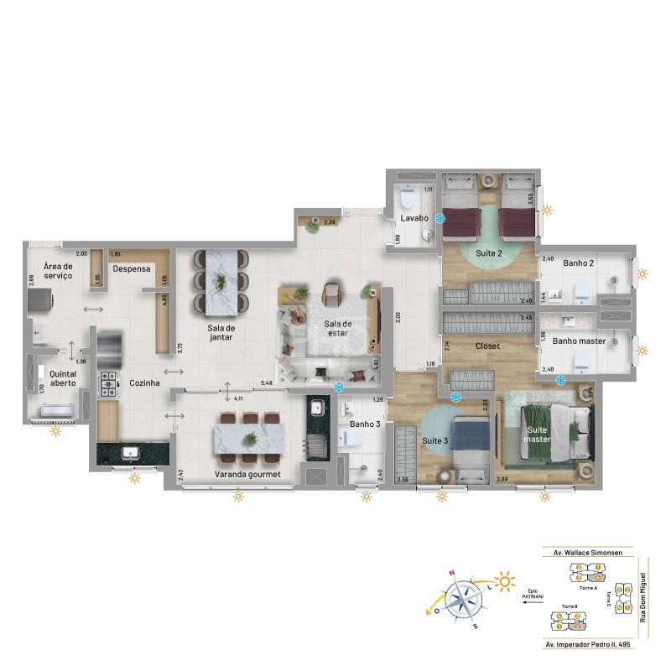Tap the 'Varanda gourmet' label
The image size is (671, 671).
point(242,474)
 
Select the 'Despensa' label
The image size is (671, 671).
point(132,269)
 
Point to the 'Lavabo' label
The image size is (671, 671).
point(413,218)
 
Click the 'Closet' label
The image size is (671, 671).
point(487,345)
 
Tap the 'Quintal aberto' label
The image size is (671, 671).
point(62,378)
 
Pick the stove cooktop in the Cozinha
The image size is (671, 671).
point(110,385)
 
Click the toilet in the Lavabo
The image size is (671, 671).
point(406,199)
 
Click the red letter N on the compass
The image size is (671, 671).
point(452,575)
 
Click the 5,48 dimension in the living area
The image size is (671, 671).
point(267,384)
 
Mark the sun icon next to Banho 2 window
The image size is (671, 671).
point(643,273)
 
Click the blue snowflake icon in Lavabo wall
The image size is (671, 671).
point(440,218)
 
